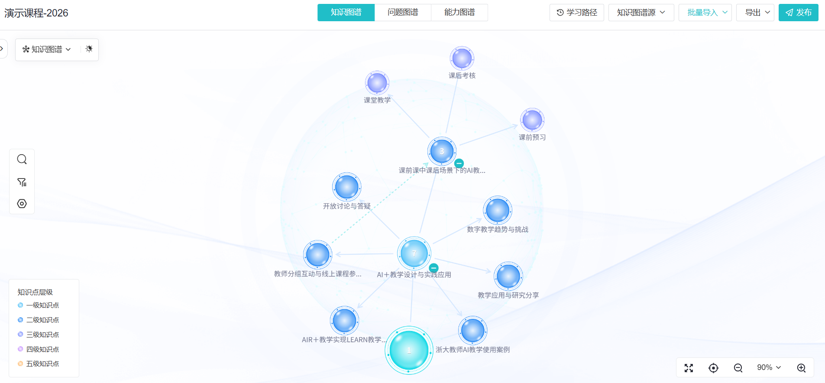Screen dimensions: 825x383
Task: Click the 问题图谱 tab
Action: coord(403,13)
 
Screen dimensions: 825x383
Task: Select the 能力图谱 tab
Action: coord(459,13)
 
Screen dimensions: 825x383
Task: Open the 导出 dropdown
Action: coord(755,13)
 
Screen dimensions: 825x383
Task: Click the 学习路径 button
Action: coord(577,13)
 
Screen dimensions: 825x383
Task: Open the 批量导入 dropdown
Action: coord(705,13)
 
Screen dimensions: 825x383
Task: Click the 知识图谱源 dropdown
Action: coord(641,13)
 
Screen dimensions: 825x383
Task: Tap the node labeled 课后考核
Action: coord(462,58)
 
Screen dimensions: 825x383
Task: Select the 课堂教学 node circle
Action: coord(377,83)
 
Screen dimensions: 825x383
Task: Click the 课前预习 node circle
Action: coord(532,120)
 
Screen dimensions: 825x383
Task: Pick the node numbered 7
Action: coord(414,253)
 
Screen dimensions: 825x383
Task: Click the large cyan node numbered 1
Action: coord(409,350)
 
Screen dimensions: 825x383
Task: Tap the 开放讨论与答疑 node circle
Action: coord(346,187)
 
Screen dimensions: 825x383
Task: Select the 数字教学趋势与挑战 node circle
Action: coord(498,210)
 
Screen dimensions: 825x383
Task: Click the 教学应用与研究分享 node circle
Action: coord(508,276)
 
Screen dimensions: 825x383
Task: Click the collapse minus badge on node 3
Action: coord(459,163)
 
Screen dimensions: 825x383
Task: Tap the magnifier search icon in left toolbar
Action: coord(22,159)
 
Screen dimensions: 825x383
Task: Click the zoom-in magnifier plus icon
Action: coord(802,368)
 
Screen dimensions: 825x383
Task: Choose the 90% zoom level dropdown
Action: coord(769,367)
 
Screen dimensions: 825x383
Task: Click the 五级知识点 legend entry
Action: coord(38,364)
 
